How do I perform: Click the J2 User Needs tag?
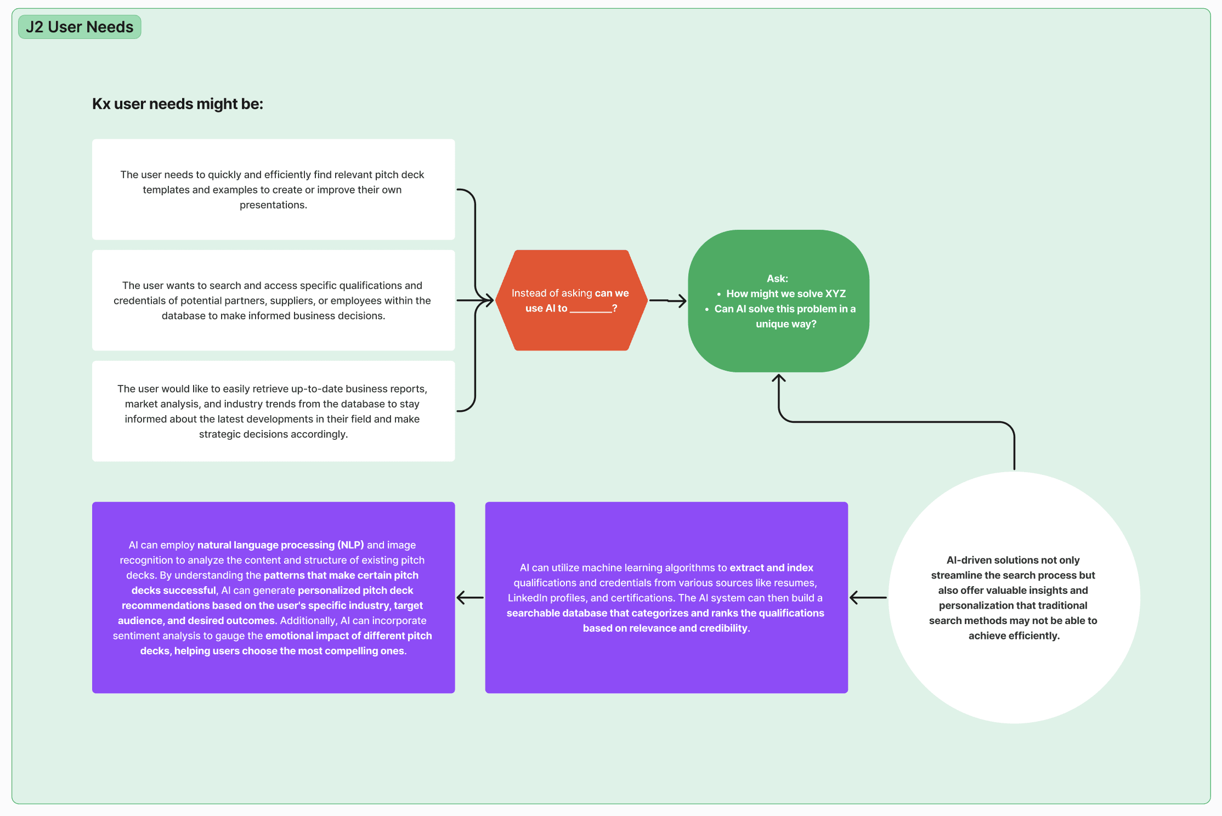point(80,27)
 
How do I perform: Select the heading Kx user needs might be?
point(178,104)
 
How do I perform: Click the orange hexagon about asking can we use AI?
point(571,301)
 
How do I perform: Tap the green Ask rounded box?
point(778,301)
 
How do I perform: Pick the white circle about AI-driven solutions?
point(1014,597)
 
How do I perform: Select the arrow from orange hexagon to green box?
point(667,301)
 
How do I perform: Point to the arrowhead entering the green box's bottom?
point(779,378)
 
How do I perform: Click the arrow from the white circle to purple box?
point(868,597)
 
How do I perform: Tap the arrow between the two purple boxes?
point(470,597)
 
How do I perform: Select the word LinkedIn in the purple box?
point(528,598)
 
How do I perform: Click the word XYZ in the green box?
point(836,294)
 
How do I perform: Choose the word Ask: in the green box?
point(778,279)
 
